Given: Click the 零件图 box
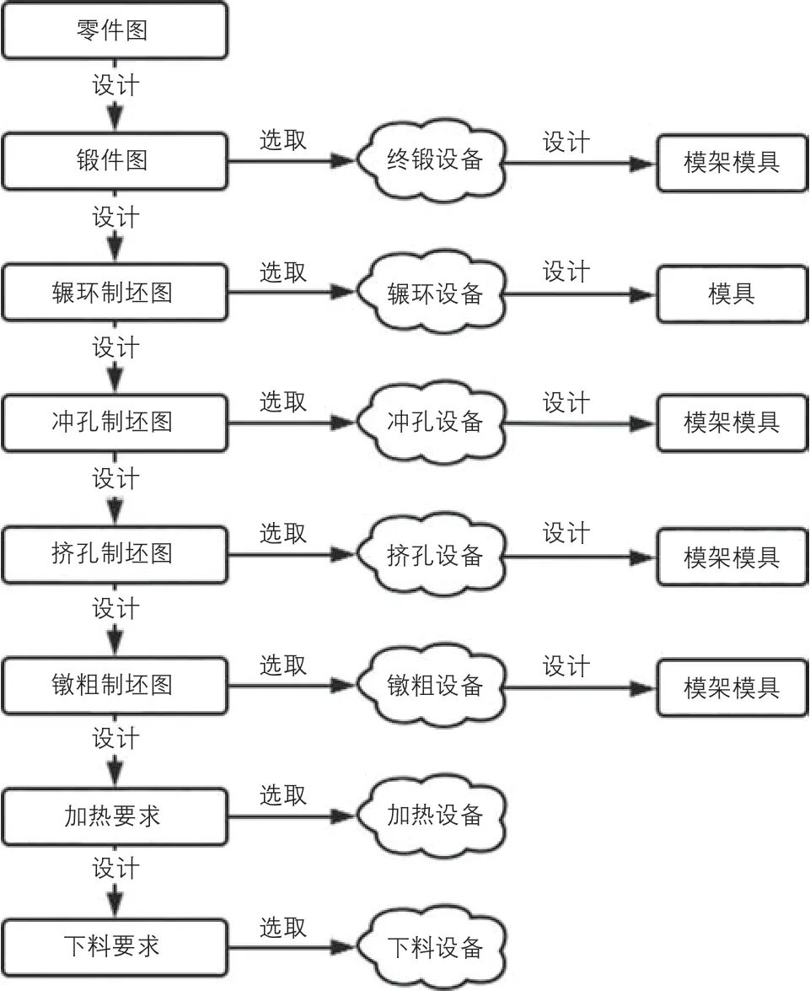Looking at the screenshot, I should click(x=114, y=30).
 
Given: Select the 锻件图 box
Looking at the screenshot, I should click(x=114, y=161).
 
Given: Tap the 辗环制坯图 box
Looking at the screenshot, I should click(x=114, y=293).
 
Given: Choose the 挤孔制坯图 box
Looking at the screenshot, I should click(x=114, y=554).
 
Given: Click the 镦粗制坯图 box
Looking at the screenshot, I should click(x=114, y=685).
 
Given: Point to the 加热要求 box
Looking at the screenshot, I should click(x=114, y=816).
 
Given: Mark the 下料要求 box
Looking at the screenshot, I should click(x=114, y=946).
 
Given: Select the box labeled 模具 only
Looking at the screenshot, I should click(x=731, y=294).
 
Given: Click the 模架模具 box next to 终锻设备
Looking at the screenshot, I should click(x=731, y=162).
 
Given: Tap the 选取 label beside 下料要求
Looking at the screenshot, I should click(x=282, y=927).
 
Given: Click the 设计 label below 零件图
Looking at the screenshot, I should click(x=115, y=85).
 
